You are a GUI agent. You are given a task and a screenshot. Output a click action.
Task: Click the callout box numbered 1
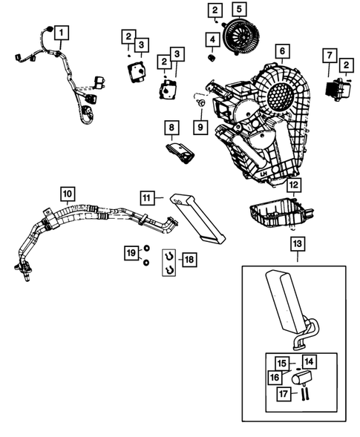coord(62,33)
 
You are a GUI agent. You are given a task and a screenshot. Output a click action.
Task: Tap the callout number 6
coord(281,53)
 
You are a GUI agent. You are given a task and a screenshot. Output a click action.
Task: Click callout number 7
coord(330,56)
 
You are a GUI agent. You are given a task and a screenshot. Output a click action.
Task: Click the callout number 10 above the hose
coord(67,195)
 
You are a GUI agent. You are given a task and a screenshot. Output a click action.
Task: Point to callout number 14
coord(309,362)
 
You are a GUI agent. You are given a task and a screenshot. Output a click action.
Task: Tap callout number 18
coord(189,259)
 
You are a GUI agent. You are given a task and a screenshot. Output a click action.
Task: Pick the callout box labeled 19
coord(131,254)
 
